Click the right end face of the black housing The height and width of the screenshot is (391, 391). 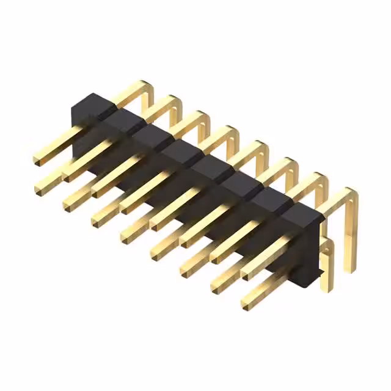pyautogui.click(x=312, y=250)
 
